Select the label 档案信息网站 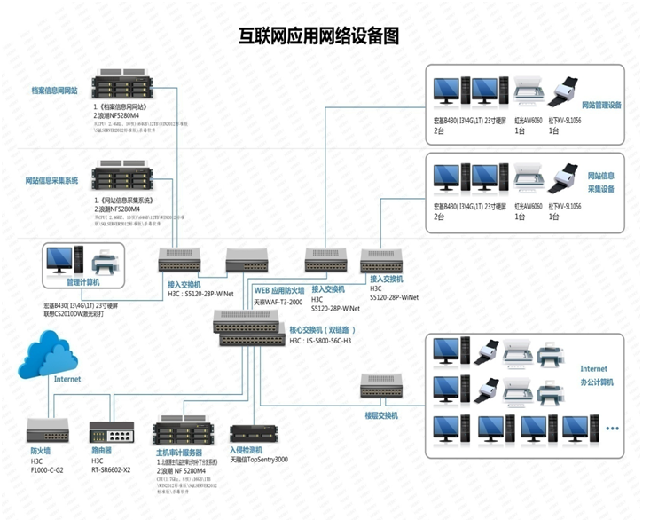tap(54, 91)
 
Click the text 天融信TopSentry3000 tap(259, 460)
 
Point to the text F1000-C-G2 tap(47, 469)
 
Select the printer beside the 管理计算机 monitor tap(104, 262)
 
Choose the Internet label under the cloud tap(67, 379)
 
